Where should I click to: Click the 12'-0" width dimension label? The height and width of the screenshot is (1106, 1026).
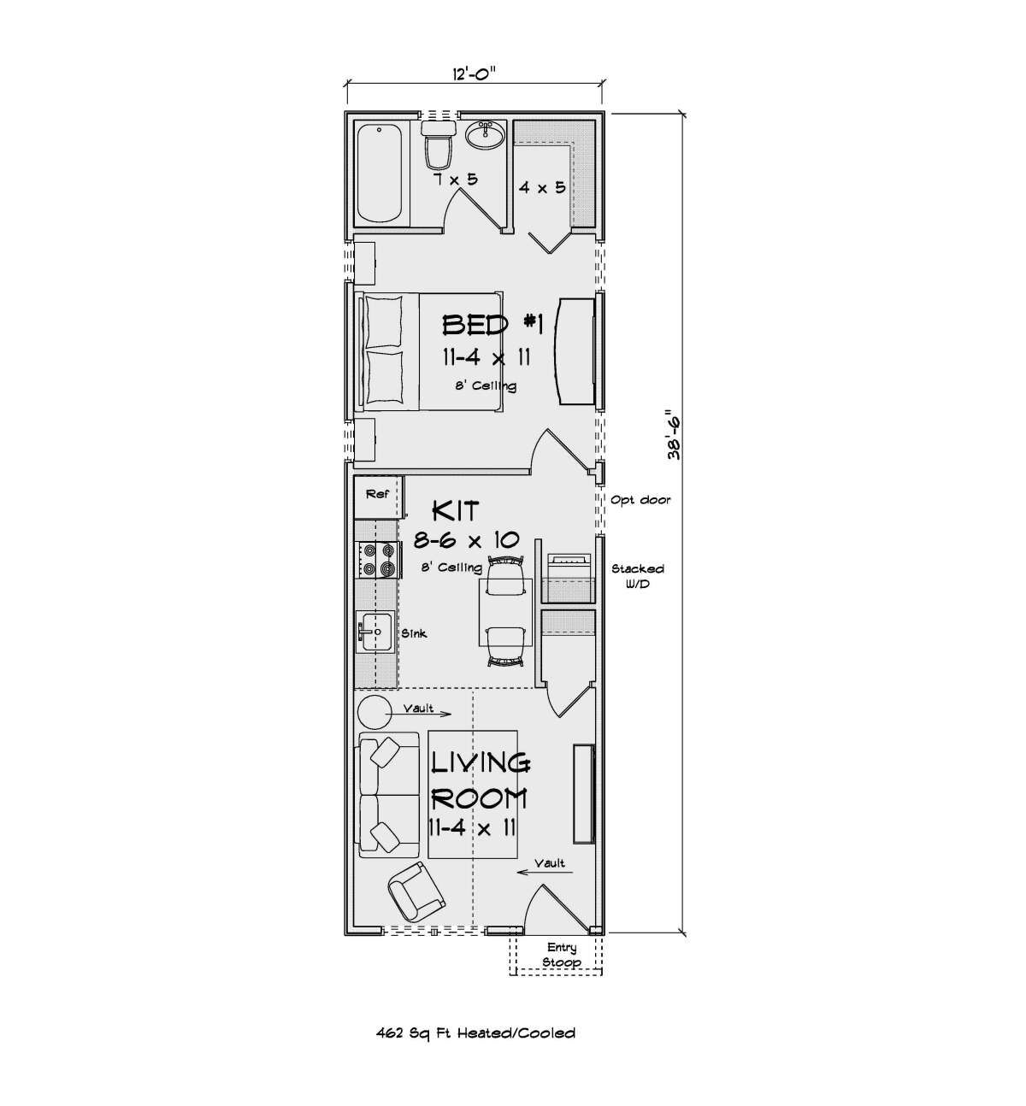pos(474,73)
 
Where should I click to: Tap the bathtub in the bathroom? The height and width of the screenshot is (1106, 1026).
pos(379,174)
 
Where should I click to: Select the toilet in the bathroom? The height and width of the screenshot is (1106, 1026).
pos(438,145)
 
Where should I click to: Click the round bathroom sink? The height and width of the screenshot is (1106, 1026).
pos(486,135)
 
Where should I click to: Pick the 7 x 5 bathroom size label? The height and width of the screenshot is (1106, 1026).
pos(456,179)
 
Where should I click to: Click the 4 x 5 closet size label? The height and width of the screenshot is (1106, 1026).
pos(542,187)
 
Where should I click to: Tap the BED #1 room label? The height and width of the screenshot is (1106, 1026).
pos(492,325)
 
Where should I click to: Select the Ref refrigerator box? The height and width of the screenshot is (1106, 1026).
pos(378,497)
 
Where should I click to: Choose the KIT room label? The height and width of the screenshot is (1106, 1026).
pos(456,510)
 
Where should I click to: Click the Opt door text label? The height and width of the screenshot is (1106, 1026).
pos(640,499)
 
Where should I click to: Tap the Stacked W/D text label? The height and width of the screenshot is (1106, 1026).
pos(638,576)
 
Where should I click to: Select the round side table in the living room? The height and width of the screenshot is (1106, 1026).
pos(375,712)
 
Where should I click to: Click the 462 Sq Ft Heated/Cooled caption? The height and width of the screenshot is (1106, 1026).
pos(476,1033)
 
